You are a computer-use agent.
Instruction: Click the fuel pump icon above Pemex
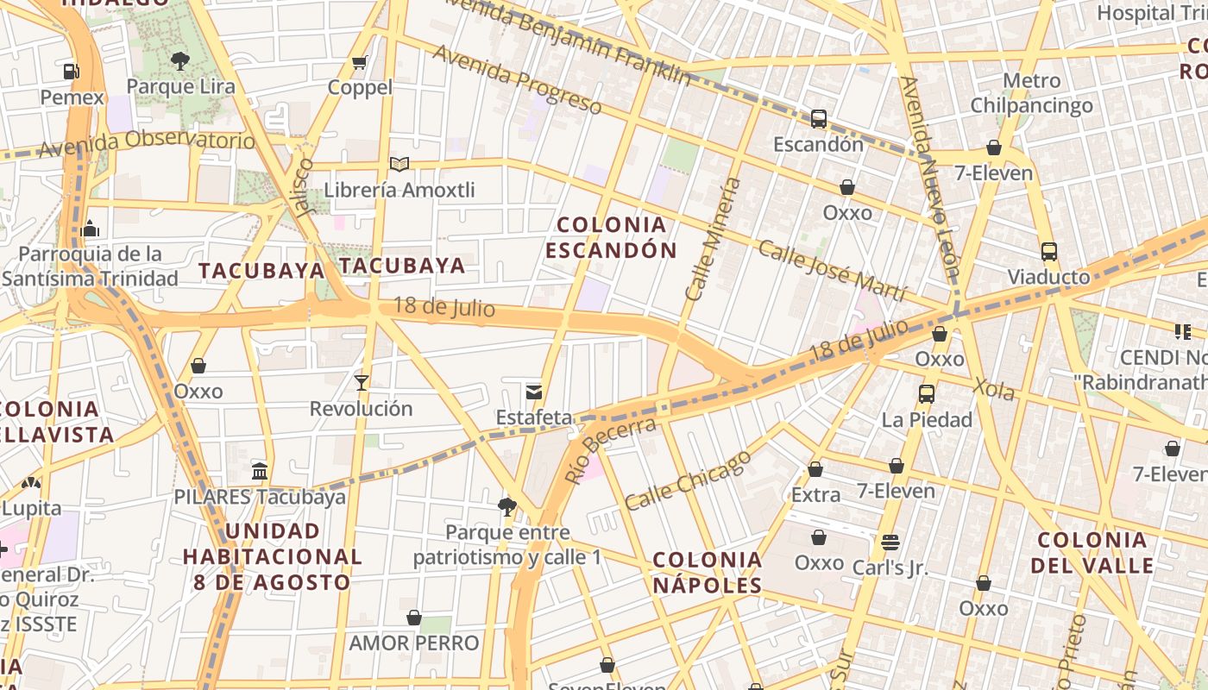pyautogui.click(x=72, y=72)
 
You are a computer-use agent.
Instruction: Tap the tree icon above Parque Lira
pyautogui.click(x=180, y=60)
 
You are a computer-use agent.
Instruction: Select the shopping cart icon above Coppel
pyautogui.click(x=360, y=62)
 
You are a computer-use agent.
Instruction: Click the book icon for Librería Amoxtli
pyautogui.click(x=399, y=164)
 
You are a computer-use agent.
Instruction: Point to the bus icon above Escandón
pyautogui.click(x=818, y=119)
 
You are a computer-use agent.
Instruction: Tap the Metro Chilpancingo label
pyautogui.click(x=1031, y=93)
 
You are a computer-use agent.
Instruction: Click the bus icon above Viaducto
pyautogui.click(x=1049, y=252)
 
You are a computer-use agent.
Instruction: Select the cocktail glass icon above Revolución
pyautogui.click(x=362, y=382)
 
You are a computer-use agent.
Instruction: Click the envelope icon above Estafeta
pyautogui.click(x=534, y=392)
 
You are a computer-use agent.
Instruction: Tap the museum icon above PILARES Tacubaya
pyautogui.click(x=260, y=471)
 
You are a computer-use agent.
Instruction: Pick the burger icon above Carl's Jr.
pyautogui.click(x=890, y=543)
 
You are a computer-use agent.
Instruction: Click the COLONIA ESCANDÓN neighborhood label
pyautogui.click(x=611, y=238)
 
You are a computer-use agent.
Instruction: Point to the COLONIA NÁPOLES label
pyautogui.click(x=707, y=573)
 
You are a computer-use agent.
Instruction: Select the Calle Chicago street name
pyautogui.click(x=688, y=480)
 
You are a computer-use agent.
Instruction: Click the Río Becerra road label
pyautogui.click(x=609, y=450)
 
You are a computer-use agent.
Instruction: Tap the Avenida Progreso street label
pyautogui.click(x=517, y=79)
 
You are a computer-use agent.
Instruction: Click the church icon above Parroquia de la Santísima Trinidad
pyautogui.click(x=90, y=229)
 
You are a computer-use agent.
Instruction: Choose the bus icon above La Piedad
pyautogui.click(x=927, y=394)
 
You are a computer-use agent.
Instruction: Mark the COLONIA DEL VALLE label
pyautogui.click(x=1092, y=553)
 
